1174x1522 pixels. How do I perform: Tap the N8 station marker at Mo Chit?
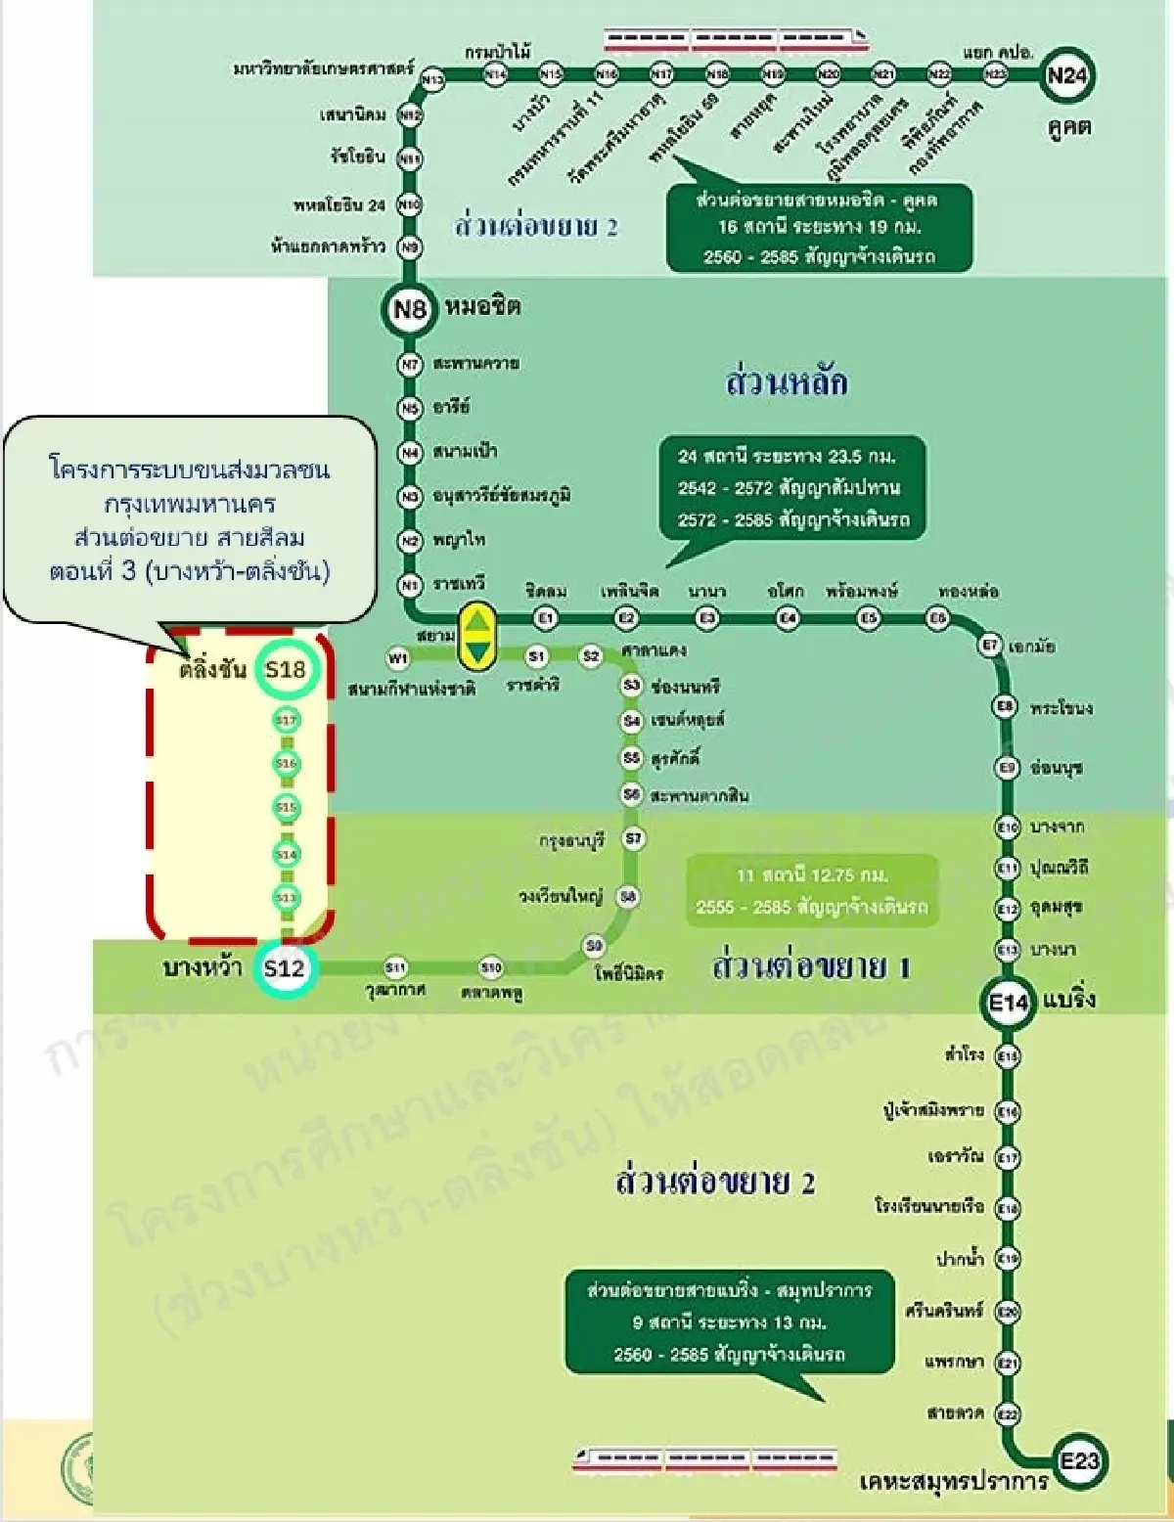click(409, 310)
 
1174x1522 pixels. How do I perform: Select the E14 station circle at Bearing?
click(1008, 1002)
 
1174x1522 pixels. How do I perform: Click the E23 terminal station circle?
click(1079, 1461)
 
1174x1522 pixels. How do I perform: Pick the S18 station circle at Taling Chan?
click(286, 670)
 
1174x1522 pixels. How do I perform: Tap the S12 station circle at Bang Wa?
click(285, 968)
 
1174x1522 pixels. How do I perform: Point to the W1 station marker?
click(398, 657)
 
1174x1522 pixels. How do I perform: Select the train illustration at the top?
click(736, 39)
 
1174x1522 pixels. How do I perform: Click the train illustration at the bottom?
click(704, 1459)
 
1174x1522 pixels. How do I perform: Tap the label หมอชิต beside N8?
click(482, 307)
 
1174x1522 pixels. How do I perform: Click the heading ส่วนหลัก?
click(787, 381)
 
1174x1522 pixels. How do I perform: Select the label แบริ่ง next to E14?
click(1068, 1000)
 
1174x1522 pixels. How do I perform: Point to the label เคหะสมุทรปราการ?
click(953, 1483)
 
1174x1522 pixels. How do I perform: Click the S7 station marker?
click(634, 838)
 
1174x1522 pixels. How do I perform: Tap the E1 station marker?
click(546, 618)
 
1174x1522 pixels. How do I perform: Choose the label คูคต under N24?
click(1069, 126)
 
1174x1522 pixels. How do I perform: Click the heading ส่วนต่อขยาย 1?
click(811, 966)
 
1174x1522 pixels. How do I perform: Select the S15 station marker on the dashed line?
click(286, 808)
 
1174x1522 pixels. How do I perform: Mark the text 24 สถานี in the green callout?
click(713, 456)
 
